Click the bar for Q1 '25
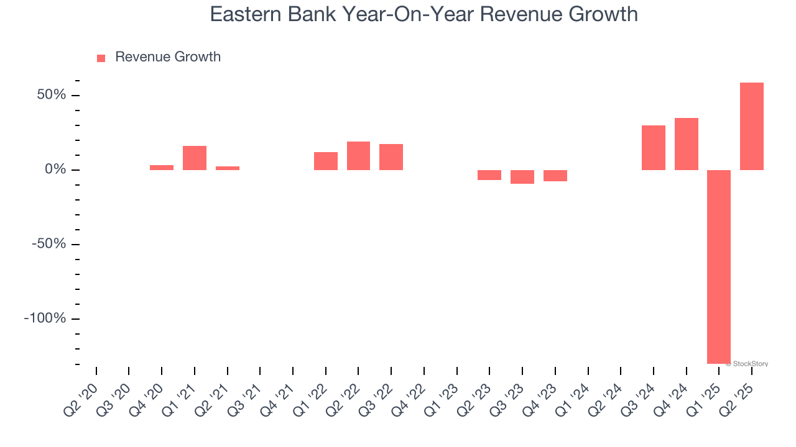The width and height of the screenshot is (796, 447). [719, 267]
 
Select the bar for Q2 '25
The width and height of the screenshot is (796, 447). [752, 126]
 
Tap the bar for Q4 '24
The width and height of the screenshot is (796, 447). [687, 144]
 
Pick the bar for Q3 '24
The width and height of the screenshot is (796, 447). [654, 148]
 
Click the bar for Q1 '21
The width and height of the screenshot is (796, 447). [195, 158]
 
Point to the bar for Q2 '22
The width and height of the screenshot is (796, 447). [358, 156]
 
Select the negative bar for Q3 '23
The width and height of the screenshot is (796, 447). [522, 177]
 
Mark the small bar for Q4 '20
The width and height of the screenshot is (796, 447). [162, 167]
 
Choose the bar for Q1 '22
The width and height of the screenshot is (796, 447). [326, 161]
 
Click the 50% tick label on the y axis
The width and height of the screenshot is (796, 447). [51, 95]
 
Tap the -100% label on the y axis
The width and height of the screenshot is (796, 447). [45, 318]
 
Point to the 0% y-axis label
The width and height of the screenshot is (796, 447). [55, 169]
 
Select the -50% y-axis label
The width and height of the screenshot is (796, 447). [48, 244]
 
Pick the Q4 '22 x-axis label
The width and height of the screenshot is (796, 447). [410, 392]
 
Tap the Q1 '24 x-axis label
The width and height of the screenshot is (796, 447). [574, 392]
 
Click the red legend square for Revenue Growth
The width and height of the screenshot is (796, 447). [101, 58]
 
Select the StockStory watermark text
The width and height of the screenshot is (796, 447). [749, 364]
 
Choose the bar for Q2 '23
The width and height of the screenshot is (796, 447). [489, 175]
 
